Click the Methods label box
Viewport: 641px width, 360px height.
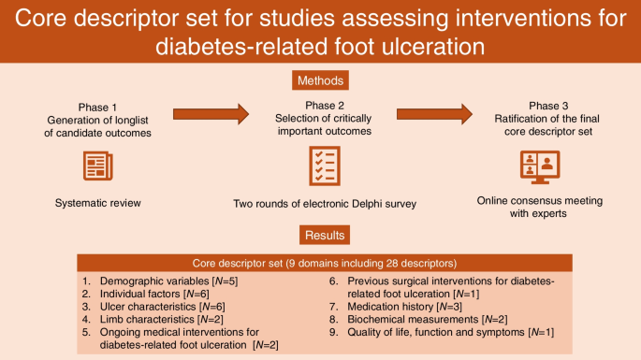tap(320, 80)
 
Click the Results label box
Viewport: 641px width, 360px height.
tap(325, 235)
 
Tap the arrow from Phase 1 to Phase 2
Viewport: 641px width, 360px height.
tap(211, 114)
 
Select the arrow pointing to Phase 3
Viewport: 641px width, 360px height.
tap(434, 114)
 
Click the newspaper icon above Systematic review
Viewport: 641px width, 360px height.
tap(97, 166)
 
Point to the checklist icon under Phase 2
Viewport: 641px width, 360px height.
tap(325, 166)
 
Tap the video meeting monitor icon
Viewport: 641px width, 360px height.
tap(540, 167)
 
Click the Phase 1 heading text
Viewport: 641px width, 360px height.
tap(97, 108)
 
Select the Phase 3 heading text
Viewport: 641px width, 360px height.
tap(548, 106)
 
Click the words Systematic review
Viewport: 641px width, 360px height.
tap(97, 203)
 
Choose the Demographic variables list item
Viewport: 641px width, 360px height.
tap(168, 281)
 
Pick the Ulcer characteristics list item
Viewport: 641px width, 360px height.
tap(162, 307)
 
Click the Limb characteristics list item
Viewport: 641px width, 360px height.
tap(162, 319)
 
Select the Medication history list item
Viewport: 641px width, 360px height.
tap(404, 307)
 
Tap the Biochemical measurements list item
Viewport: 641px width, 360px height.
tap(428, 319)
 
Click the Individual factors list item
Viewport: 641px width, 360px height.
tap(154, 294)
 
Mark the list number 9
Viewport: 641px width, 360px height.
tap(333, 332)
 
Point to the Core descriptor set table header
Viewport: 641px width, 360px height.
tap(325, 263)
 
